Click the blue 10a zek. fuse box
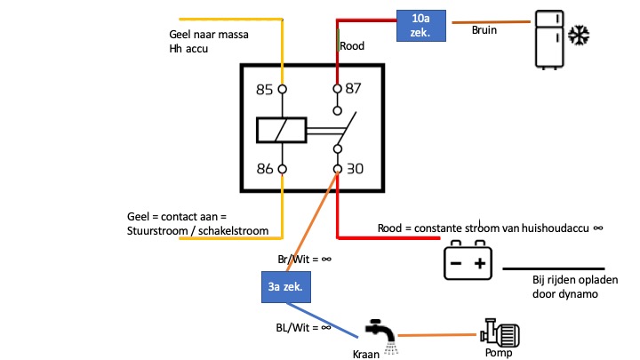[x=421, y=26]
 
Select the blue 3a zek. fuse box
[x=286, y=287]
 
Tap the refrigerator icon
[x=549, y=40]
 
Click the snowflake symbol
[x=579, y=35]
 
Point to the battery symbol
[x=468, y=260]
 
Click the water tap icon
[x=381, y=335]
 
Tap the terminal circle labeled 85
[x=282, y=89]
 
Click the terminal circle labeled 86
[x=282, y=169]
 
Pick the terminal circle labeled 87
[x=337, y=89]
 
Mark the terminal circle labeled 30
[x=337, y=169]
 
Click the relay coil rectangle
[x=282, y=130]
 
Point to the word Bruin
[x=484, y=30]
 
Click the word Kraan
[x=366, y=355]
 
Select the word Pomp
[x=499, y=353]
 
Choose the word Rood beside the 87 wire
[x=352, y=45]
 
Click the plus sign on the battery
[x=480, y=263]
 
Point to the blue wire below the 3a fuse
[x=323, y=320]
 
